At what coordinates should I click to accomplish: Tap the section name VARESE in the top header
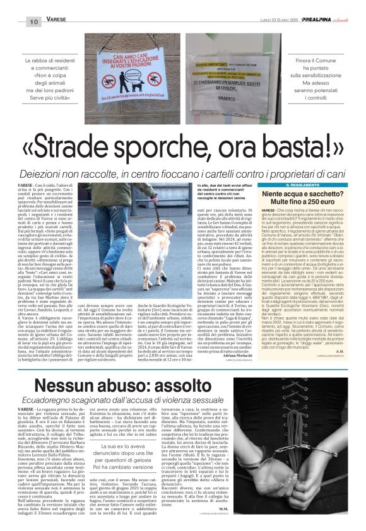[x=57, y=21]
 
